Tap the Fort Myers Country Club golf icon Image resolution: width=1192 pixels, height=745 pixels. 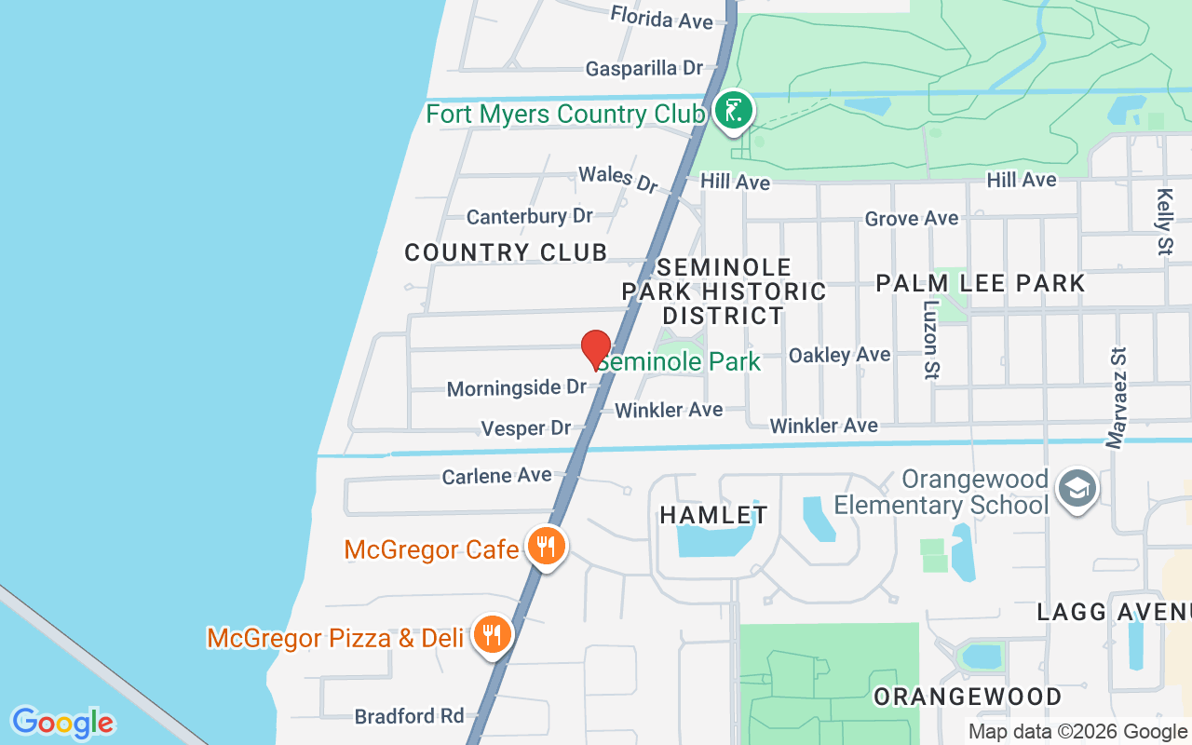coord(734,111)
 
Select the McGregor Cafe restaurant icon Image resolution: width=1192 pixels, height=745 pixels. coord(546,547)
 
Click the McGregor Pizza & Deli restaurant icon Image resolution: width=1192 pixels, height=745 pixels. coord(491,635)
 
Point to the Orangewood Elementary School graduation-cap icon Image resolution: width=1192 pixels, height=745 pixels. coord(1077,488)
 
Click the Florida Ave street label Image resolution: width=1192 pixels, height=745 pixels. coord(661,18)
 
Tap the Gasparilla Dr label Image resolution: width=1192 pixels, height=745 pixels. coord(643,68)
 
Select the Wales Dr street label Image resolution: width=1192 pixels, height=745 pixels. coord(617,179)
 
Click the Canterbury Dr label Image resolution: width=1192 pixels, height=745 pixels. coord(529,216)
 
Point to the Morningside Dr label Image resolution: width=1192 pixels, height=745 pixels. coord(516,387)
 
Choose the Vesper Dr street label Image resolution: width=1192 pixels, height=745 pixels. coord(525,428)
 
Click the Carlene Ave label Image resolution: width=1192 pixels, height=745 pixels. coord(496,476)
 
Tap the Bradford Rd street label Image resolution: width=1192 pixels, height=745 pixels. coord(409,716)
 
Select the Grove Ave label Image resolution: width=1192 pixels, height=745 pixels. coord(911,219)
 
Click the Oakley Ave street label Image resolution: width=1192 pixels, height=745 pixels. coord(839,355)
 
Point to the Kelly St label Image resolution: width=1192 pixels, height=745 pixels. coord(1164,221)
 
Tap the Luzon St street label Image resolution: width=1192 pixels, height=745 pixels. coord(931,339)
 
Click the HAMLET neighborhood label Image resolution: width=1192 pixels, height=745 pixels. coord(713,515)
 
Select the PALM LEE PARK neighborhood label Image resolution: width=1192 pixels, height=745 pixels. coord(980,283)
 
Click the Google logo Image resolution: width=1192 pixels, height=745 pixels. coord(62,723)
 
